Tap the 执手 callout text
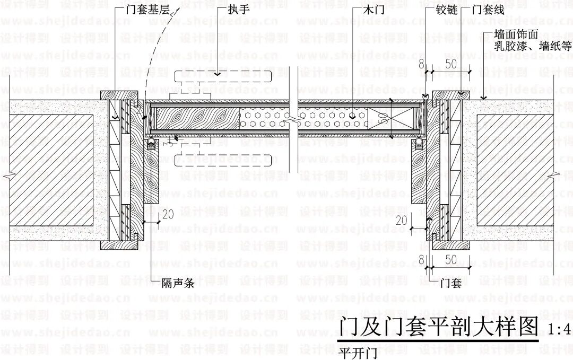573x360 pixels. coord(239,10)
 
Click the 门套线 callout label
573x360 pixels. coord(489,10)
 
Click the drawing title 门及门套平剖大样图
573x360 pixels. coord(438,327)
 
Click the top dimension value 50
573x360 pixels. coord(451,64)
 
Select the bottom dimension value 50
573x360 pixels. coord(451,260)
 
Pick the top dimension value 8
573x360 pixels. coord(421,64)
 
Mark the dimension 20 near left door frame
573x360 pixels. coord(168,215)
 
